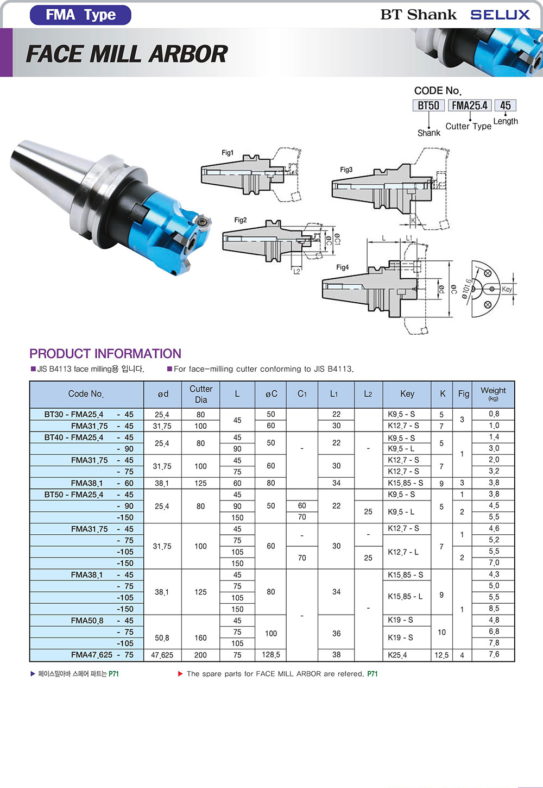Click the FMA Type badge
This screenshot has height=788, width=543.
(80, 15)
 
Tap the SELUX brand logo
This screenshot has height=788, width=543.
(500, 15)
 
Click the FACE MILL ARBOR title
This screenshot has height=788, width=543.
(127, 54)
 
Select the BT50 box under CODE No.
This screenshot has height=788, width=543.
(428, 105)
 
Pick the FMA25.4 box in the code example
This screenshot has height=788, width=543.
(470, 105)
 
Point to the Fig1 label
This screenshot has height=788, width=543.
(228, 153)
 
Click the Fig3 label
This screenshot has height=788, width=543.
(346, 170)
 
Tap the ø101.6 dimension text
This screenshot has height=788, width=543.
(466, 289)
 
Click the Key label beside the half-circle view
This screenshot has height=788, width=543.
(507, 289)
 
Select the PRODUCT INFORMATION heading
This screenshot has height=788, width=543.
(105, 353)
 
